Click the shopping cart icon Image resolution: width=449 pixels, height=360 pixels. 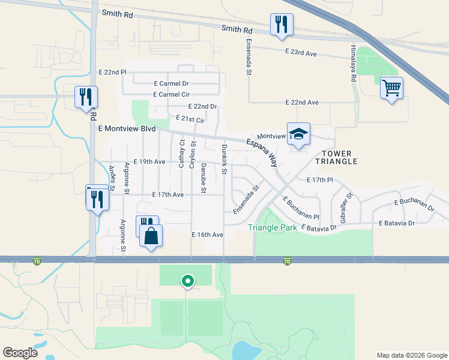point(391,88)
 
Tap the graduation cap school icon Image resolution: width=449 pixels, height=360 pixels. point(298,134)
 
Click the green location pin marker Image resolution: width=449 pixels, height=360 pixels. point(187,280)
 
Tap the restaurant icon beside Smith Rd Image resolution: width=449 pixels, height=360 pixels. point(282,25)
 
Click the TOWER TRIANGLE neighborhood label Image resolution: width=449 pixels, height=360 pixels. point(339,157)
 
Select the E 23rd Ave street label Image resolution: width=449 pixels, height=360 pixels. point(301,53)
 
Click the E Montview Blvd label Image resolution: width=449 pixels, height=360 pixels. point(127,129)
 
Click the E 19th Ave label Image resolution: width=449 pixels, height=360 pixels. point(149,162)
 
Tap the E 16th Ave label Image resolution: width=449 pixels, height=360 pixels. point(208,235)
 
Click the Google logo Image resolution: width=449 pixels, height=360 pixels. point(20,353)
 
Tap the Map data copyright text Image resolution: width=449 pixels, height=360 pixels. point(411,355)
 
